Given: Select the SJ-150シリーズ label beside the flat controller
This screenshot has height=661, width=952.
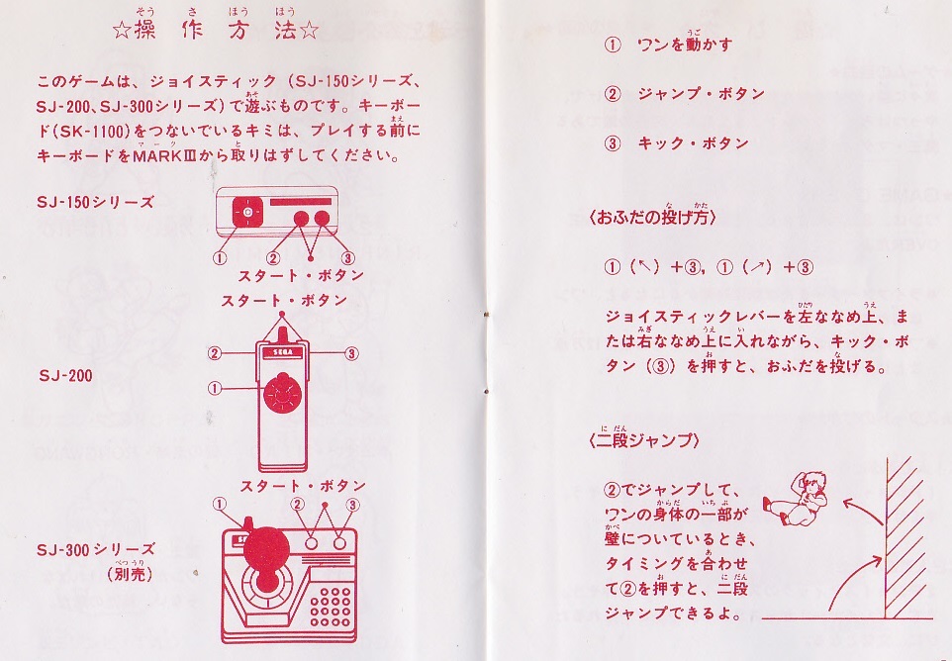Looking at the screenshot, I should coord(96,202).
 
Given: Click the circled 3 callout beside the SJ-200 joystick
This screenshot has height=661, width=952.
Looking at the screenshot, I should coord(352,351).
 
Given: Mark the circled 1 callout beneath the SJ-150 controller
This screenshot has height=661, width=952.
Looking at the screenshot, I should coord(220,257).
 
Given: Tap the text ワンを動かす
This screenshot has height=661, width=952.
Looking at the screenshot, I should coord(684,45).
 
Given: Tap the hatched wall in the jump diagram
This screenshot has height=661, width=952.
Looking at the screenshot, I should coord(904,534).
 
